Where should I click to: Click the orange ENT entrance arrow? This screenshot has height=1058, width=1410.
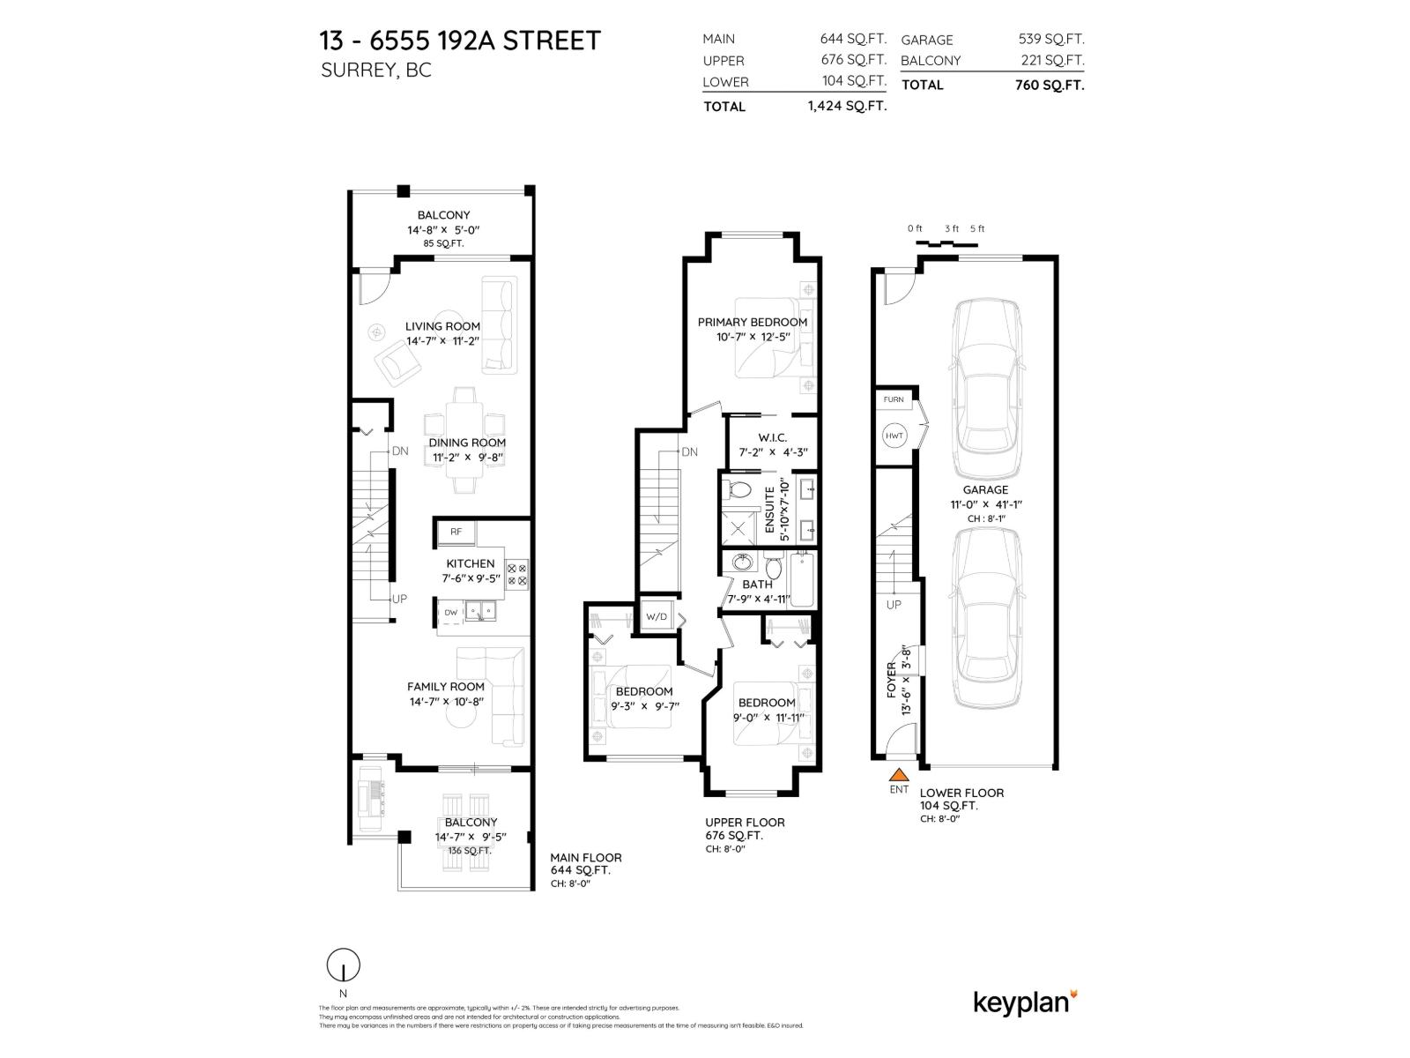[x=898, y=775]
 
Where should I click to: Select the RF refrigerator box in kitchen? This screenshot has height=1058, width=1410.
[x=456, y=532]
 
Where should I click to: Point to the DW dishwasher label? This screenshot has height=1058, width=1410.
[x=451, y=612]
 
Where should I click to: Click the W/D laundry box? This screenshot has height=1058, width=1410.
[x=657, y=616]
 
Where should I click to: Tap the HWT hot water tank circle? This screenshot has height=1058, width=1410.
[x=894, y=436]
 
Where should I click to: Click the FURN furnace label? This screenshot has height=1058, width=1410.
[x=894, y=399]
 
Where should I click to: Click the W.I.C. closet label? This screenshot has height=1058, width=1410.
[x=772, y=437]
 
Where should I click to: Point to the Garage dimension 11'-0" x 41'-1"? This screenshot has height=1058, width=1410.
[x=984, y=504]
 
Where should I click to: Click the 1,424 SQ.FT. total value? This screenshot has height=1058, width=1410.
[x=846, y=106]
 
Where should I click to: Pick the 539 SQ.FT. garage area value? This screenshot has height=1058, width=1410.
[x=1051, y=40]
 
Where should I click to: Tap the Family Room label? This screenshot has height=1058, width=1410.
[x=445, y=687]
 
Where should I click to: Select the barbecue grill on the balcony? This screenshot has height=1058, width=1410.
[x=369, y=799]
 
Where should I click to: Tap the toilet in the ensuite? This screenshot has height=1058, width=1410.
[x=739, y=490]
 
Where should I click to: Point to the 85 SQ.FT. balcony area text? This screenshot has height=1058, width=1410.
[x=443, y=243]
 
